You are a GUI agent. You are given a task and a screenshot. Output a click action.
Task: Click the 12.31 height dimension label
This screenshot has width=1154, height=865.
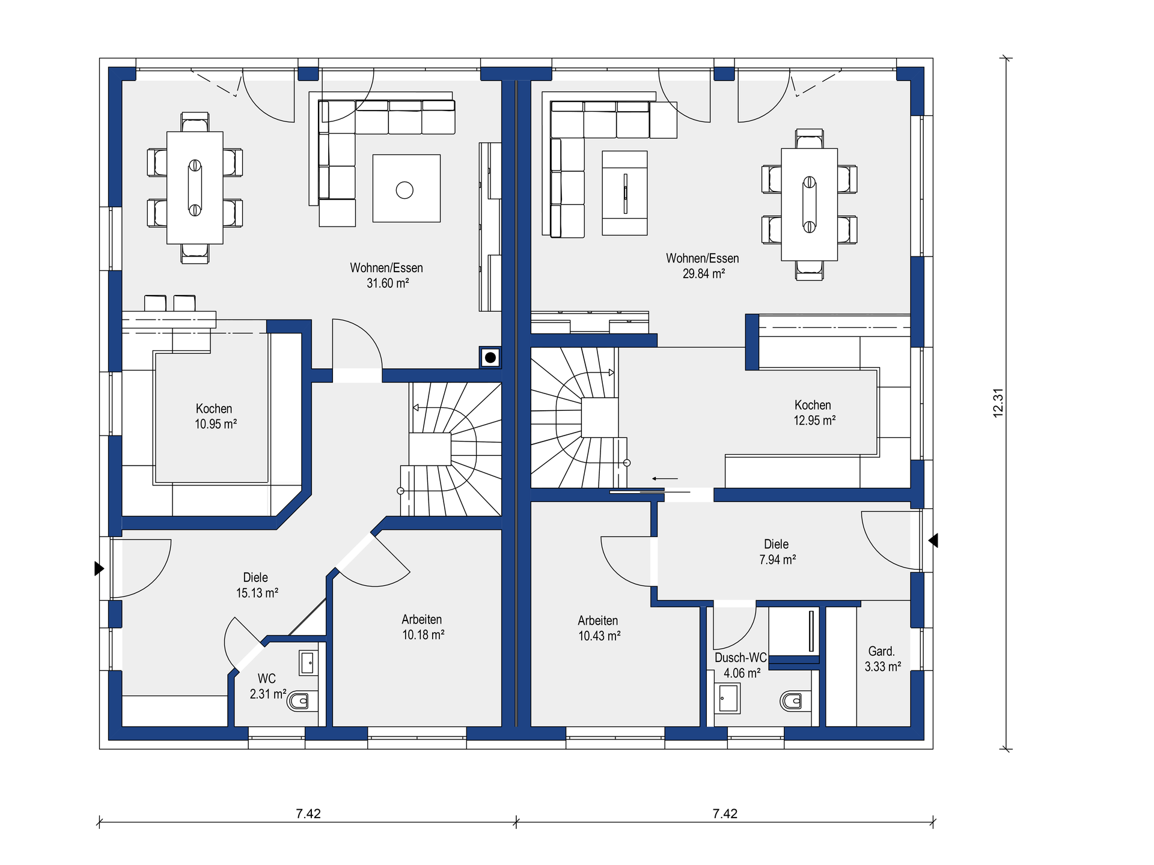(998, 403)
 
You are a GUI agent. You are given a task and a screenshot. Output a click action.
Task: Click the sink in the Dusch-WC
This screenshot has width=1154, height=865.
(728, 698)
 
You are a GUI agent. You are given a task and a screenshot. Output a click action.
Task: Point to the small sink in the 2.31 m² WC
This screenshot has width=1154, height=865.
(308, 663)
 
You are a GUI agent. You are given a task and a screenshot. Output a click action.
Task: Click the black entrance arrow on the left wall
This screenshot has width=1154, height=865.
(99, 568)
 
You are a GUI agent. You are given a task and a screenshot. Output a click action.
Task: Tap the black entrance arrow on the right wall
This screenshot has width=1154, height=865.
(933, 541)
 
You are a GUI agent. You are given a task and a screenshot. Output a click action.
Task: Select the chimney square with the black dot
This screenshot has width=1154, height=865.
(490, 358)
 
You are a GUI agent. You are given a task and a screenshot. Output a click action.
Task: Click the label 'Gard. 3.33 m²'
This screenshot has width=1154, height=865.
(882, 659)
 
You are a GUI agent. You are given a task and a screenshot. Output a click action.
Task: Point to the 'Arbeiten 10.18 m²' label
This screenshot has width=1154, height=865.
(423, 627)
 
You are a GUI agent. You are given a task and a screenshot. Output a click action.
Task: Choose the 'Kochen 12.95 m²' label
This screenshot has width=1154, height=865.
(814, 413)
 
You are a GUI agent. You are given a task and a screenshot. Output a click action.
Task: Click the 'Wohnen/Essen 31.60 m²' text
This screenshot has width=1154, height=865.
(386, 275)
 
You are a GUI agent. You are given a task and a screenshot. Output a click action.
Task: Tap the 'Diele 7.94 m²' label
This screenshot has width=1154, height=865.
(777, 551)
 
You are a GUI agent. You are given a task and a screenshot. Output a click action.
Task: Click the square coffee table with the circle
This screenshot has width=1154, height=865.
(406, 189)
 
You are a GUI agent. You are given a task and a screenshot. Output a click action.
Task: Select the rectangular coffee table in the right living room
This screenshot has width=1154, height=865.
(624, 193)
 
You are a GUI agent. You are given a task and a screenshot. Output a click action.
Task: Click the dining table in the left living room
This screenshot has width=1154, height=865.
(195, 187)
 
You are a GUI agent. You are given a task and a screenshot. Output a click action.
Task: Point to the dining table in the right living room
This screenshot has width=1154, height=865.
(809, 204)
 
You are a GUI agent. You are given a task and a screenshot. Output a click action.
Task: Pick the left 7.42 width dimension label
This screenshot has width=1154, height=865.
(308, 813)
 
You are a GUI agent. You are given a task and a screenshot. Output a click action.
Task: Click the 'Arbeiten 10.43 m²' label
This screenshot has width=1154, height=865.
(599, 628)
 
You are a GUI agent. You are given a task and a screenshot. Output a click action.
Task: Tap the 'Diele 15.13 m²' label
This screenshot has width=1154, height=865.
(257, 585)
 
